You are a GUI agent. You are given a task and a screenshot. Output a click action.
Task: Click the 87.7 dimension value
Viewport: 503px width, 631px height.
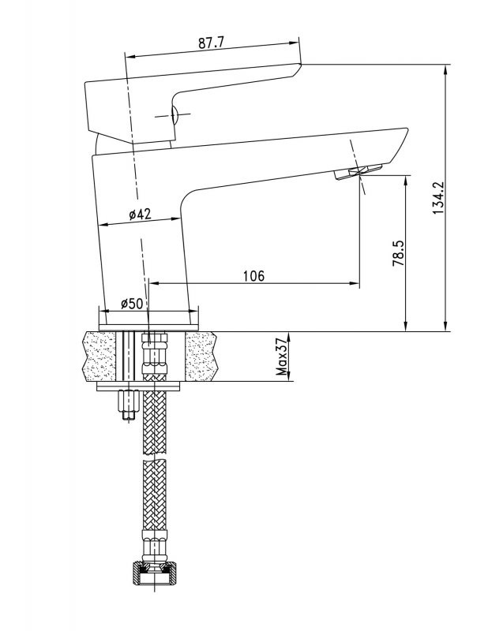coord(211,43)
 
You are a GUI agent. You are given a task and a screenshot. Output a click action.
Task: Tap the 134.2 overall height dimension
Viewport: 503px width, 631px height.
coord(438,198)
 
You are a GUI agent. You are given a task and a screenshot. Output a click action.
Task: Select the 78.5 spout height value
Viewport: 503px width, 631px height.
coord(398,253)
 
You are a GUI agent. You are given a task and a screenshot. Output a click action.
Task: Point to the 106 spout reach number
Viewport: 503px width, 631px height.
coord(253,276)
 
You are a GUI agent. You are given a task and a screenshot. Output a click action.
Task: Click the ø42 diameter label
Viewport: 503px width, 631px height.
coord(140,214)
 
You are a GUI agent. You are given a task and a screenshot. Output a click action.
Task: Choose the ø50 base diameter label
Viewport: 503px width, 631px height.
coord(132,304)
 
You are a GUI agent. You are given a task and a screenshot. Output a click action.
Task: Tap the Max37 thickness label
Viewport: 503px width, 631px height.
coord(283,357)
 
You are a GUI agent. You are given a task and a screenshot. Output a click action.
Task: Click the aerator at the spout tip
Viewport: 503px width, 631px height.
coord(358,171)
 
